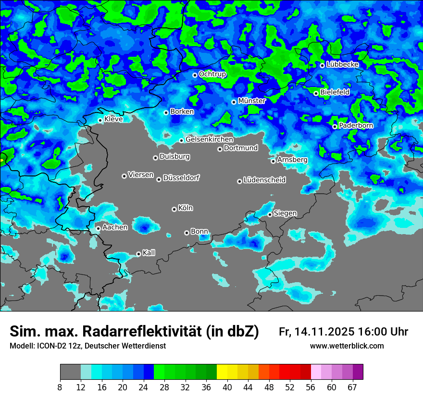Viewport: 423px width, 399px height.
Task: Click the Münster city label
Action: click(x=251, y=101)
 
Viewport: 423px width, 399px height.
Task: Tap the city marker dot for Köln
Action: click(x=174, y=209)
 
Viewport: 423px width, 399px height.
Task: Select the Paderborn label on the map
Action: click(x=356, y=125)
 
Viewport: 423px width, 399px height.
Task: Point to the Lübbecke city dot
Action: click(x=322, y=65)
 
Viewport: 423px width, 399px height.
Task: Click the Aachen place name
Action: click(x=115, y=227)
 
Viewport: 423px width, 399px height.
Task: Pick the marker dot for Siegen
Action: click(x=270, y=214)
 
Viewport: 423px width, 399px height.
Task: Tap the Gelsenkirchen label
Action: click(x=209, y=139)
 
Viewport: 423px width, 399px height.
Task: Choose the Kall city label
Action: click(x=149, y=253)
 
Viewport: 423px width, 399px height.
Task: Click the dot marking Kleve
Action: click(x=100, y=120)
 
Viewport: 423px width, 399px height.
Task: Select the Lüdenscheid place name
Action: click(x=264, y=180)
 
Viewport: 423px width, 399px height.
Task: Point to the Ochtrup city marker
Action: click(x=195, y=75)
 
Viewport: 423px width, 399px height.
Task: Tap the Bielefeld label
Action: click(x=335, y=92)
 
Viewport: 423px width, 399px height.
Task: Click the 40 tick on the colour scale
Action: click(x=227, y=387)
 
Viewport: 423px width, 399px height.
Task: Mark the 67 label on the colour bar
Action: click(x=352, y=387)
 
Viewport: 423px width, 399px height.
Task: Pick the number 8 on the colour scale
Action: click(x=60, y=387)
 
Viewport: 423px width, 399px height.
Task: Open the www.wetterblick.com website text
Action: click(x=347, y=346)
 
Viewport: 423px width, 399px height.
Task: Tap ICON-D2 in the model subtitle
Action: click(x=51, y=346)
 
